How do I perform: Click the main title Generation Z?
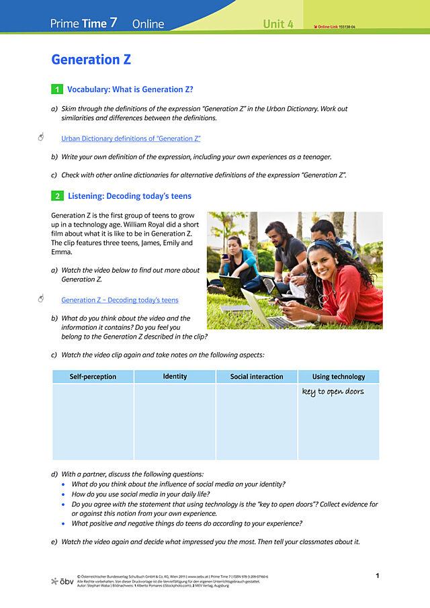point(91,60)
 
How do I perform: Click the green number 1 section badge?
point(57,89)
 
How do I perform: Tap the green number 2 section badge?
point(57,196)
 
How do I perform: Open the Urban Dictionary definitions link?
point(131,139)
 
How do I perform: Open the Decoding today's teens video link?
point(120,300)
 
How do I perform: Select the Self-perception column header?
point(93,377)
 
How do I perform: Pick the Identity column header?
point(175,377)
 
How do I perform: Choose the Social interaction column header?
point(257,377)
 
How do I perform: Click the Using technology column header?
point(339,377)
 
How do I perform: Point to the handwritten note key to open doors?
point(333,392)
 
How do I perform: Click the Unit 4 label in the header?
point(278,24)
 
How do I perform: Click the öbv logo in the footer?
point(62,580)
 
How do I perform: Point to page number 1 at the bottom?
point(378,576)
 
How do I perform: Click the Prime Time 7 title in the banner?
point(84,24)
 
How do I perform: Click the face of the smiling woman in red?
point(321,256)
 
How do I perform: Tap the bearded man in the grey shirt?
point(281,249)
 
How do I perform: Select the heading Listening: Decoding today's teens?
point(130,196)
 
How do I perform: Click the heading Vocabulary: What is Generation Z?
point(130,89)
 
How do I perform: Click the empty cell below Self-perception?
point(93,422)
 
